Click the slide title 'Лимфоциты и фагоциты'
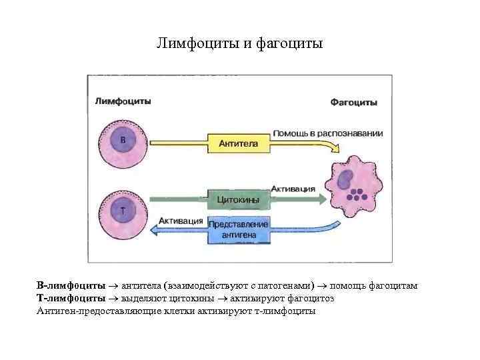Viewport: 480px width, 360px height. pyautogui.click(x=239, y=44)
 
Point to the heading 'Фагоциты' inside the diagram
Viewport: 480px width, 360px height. pyautogui.click(x=353, y=103)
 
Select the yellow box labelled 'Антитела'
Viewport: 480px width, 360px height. pyautogui.click(x=238, y=143)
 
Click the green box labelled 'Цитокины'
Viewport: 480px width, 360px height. pyautogui.click(x=238, y=199)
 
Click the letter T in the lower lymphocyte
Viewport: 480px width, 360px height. pyautogui.click(x=122, y=211)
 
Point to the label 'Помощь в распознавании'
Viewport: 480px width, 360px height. pyautogui.click(x=327, y=133)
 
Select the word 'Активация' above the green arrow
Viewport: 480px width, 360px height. pyautogui.click(x=293, y=189)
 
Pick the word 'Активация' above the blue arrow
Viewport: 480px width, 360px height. pyautogui.click(x=181, y=221)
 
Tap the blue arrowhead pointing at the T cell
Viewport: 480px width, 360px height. pyautogui.click(x=155, y=229)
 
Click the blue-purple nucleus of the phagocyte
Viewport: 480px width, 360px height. pyautogui.click(x=345, y=179)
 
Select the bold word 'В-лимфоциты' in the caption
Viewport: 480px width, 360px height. pyautogui.click(x=71, y=286)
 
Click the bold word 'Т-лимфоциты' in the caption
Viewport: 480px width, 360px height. pyautogui.click(x=71, y=299)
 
